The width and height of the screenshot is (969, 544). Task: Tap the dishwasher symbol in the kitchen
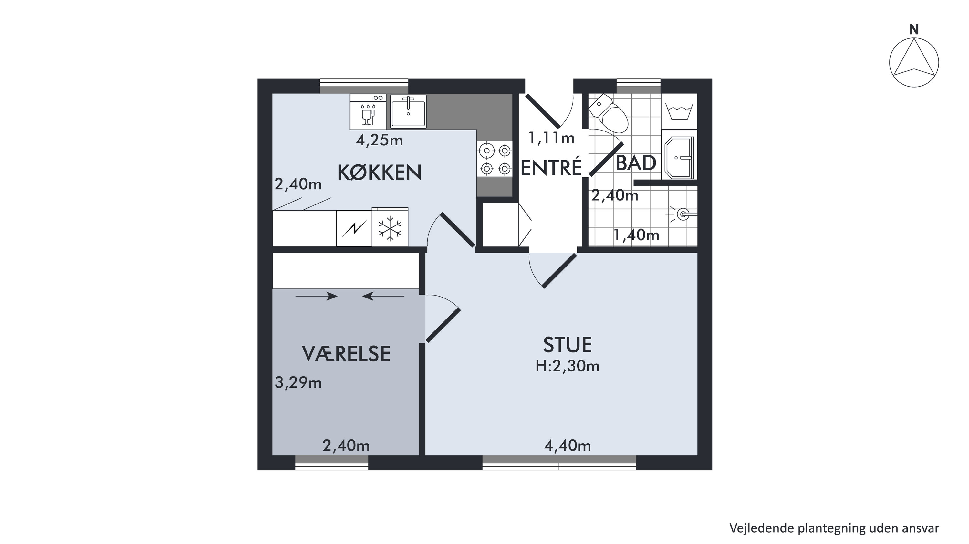(368, 112)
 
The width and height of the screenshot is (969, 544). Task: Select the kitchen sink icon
(408, 112)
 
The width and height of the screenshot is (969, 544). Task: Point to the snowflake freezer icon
(390, 228)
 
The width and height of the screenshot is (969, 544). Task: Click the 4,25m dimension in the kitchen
(379, 140)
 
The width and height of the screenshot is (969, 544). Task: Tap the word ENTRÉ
(551, 167)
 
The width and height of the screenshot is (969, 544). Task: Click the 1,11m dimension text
(551, 138)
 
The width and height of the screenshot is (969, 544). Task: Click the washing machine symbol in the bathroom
(679, 111)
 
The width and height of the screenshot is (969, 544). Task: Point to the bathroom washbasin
(679, 158)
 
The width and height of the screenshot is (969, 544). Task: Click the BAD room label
(636, 163)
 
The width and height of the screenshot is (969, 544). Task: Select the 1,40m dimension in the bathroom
(636, 235)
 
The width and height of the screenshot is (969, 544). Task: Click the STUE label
(568, 345)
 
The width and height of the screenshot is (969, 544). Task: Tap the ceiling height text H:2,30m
(567, 366)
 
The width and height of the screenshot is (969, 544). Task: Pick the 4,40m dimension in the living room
(567, 446)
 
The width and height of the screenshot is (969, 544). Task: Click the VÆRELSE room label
(346, 354)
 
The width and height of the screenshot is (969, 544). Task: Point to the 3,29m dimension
(298, 382)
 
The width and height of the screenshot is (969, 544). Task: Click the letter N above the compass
(914, 29)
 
